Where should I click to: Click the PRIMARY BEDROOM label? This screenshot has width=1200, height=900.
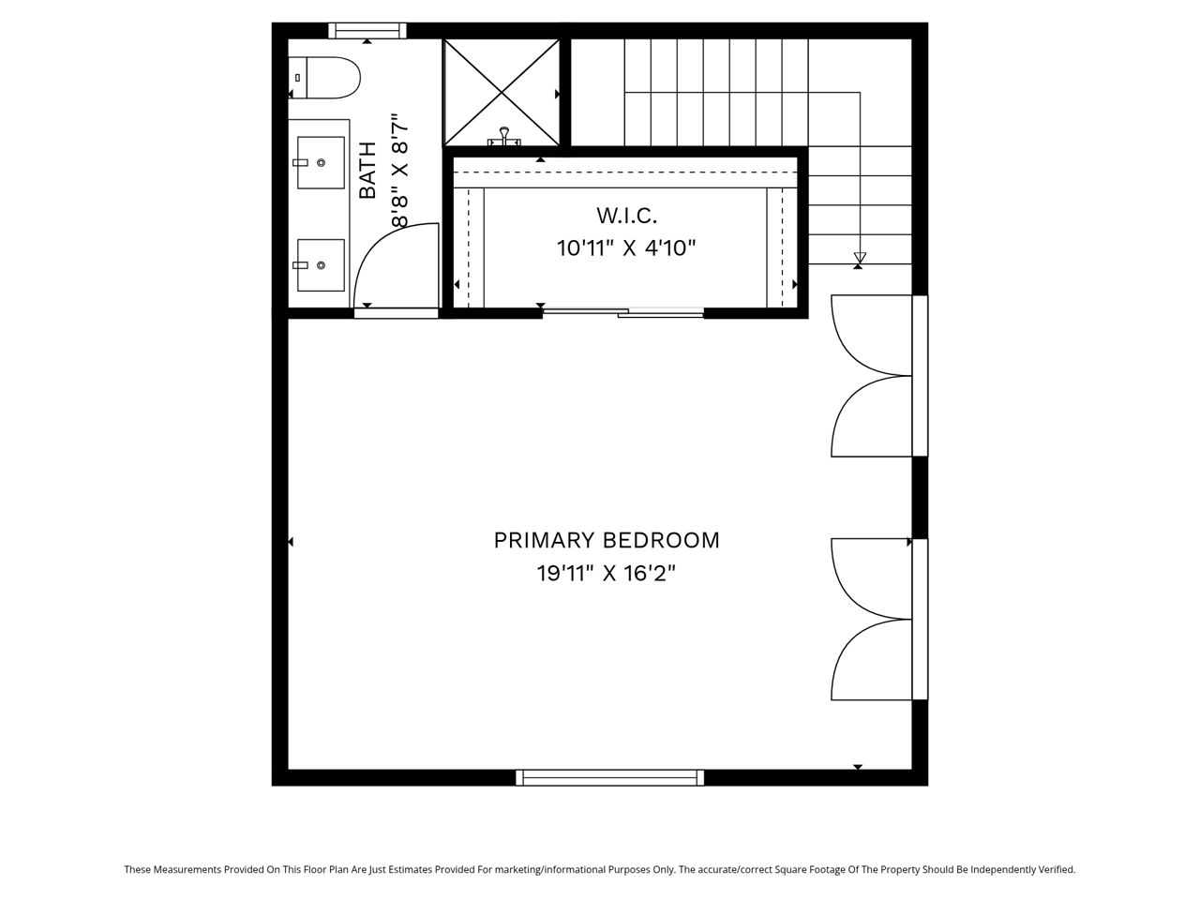click(607, 540)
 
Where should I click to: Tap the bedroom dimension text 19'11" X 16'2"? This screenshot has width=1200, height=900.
click(607, 574)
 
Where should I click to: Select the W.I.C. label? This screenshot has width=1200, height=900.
click(626, 216)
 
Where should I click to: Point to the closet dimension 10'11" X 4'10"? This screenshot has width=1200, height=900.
click(626, 248)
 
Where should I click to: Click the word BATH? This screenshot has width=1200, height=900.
click(367, 170)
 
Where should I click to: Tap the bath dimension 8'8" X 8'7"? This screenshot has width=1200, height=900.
click(400, 170)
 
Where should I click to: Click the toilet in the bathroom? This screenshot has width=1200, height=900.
click(324, 78)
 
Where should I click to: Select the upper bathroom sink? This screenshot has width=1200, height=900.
click(321, 162)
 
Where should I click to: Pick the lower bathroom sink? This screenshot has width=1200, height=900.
click(321, 265)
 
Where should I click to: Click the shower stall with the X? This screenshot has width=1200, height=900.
click(502, 93)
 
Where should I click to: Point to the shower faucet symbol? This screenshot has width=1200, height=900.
click(503, 137)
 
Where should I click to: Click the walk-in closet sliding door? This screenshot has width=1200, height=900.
click(622, 312)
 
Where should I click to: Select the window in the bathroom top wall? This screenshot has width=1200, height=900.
click(367, 31)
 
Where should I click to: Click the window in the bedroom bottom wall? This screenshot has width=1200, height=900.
click(609, 777)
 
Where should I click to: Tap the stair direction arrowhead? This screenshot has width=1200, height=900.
click(860, 258)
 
